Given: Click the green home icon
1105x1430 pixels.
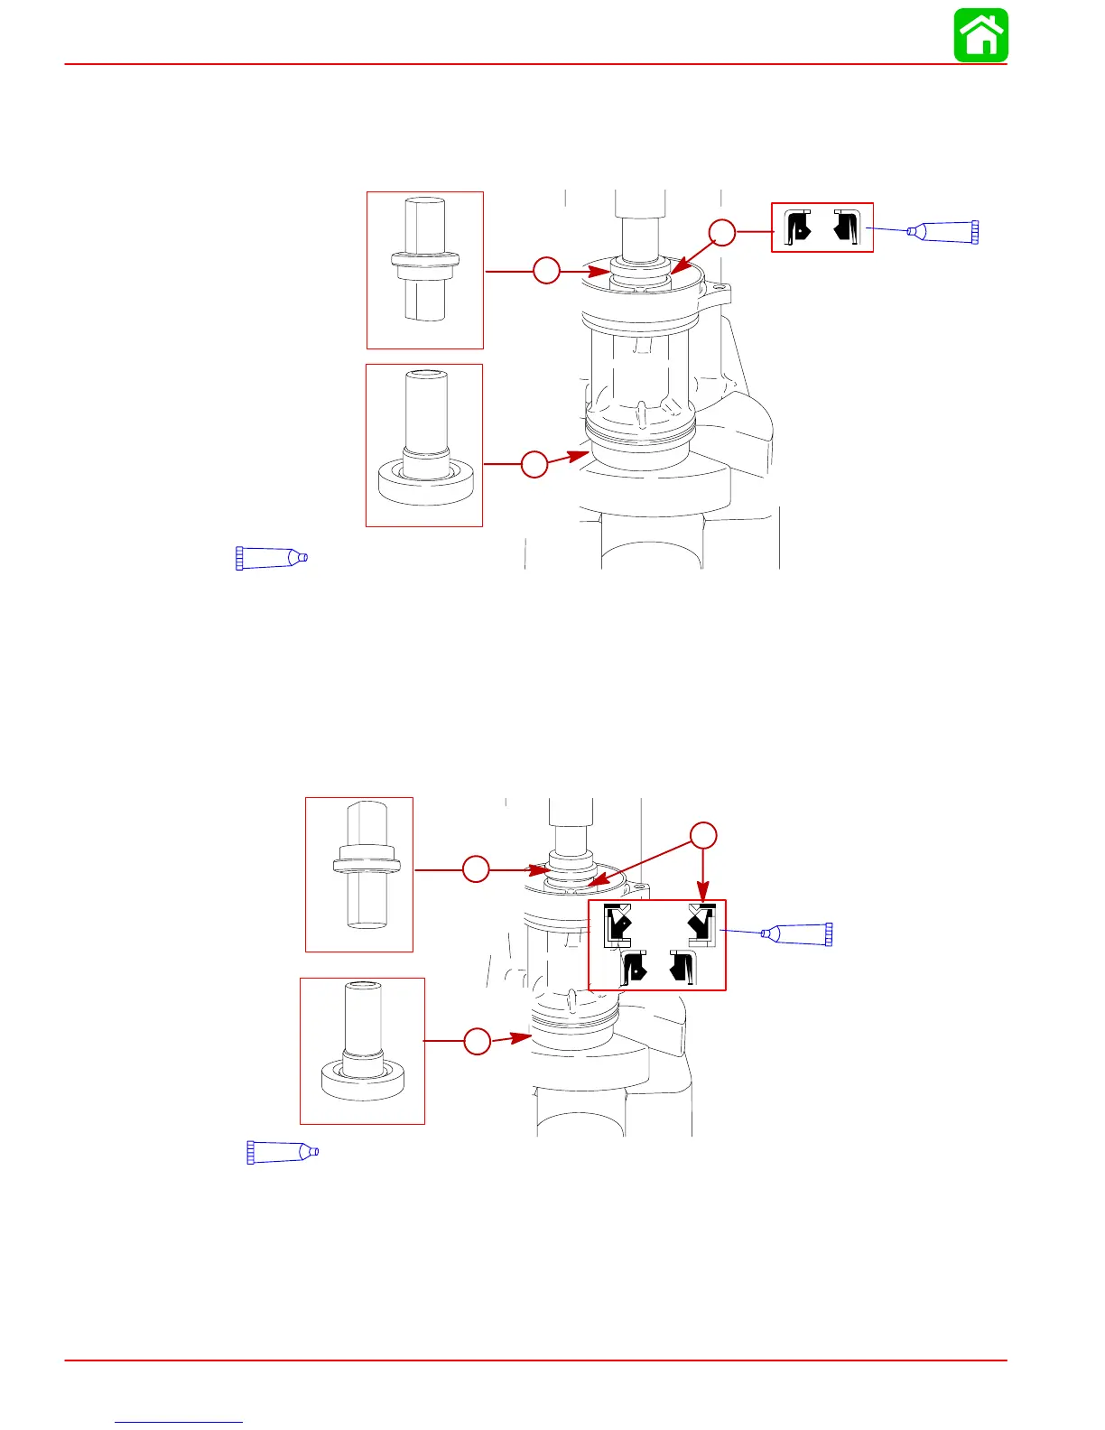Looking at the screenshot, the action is [x=981, y=36].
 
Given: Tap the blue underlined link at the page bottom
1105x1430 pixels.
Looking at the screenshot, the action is [x=179, y=1421].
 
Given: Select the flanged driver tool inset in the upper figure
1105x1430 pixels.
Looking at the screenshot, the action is [x=424, y=270].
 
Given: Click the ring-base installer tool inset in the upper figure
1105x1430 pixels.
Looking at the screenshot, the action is [x=423, y=445].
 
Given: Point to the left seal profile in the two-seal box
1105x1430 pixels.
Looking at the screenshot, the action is [x=799, y=227].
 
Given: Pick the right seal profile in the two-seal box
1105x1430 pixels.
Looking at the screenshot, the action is [x=847, y=227].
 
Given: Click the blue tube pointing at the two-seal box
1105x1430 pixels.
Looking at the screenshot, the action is [x=943, y=232].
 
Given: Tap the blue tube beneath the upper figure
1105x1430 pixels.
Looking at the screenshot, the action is [x=272, y=558].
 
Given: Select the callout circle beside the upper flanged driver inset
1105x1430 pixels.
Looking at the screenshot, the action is [x=546, y=270].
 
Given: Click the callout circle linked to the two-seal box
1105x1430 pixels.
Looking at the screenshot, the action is [x=721, y=232].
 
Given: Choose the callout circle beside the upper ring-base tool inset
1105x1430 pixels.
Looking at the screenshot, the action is [x=534, y=464].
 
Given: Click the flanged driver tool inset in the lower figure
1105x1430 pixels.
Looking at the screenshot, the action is [x=359, y=874].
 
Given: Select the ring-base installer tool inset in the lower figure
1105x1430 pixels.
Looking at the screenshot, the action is [x=362, y=1050].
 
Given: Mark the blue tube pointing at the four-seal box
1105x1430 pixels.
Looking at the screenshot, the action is [x=796, y=933].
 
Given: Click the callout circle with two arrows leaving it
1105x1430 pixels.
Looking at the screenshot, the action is [x=703, y=835].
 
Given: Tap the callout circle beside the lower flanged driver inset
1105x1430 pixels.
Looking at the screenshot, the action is [x=476, y=869].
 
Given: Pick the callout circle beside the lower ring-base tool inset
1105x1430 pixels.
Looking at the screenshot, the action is [x=478, y=1041].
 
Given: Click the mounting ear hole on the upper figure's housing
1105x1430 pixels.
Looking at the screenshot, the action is [x=719, y=291].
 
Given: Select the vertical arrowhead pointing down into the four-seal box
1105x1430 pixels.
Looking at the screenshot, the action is [x=703, y=893].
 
